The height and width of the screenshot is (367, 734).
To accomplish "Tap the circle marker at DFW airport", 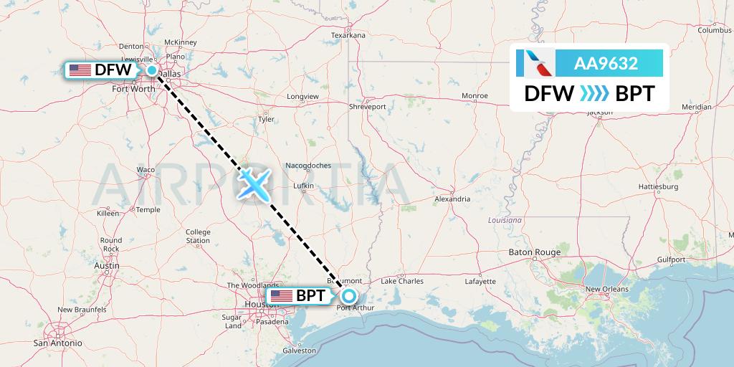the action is click(x=153, y=70).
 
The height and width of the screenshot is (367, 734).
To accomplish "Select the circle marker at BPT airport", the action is click(x=349, y=295).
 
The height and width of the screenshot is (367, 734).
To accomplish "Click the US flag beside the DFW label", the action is click(x=80, y=70).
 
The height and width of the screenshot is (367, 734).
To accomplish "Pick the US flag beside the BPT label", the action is click(x=281, y=295).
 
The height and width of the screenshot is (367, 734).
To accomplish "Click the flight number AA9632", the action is click(x=606, y=64).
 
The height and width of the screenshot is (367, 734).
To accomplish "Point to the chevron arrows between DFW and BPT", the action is click(x=594, y=94).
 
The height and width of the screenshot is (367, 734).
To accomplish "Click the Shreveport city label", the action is click(x=367, y=106).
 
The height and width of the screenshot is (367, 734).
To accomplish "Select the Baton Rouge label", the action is click(x=534, y=252).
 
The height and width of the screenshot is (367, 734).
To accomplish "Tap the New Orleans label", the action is click(x=607, y=289).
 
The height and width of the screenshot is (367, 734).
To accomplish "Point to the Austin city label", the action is click(x=107, y=266).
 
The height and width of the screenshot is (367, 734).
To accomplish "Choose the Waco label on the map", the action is click(x=146, y=170).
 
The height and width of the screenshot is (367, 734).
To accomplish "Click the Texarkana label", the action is click(x=348, y=34).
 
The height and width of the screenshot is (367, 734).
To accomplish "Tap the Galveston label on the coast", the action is click(x=299, y=351).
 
